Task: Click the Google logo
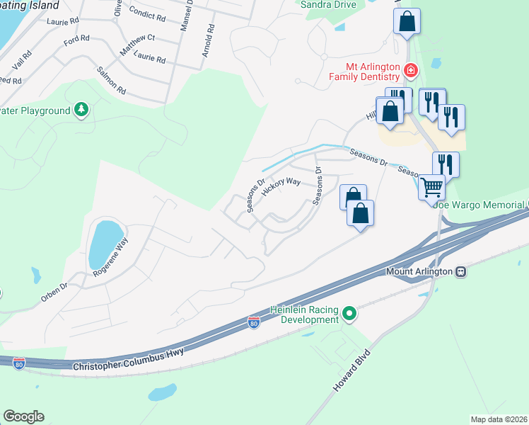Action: pyautogui.click(x=23, y=416)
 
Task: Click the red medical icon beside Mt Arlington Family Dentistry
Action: pyautogui.click(x=410, y=70)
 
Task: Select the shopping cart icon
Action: pyautogui.click(x=431, y=188)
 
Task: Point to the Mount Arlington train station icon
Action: pyautogui.click(x=460, y=271)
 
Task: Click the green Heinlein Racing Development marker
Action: pyautogui.click(x=349, y=313)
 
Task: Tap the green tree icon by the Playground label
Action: pyautogui.click(x=82, y=110)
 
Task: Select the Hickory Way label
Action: pyautogui.click(x=281, y=187)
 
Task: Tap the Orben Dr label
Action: pyautogui.click(x=54, y=292)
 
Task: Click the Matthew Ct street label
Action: pyautogui.click(x=137, y=42)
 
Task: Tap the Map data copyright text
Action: pyautogui.click(x=499, y=419)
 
